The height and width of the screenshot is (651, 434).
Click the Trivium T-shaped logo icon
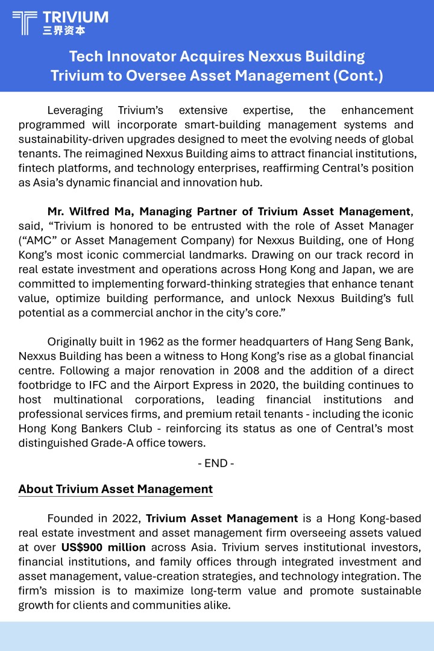click(x=24, y=22)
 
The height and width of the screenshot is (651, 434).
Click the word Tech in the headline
click(x=85, y=57)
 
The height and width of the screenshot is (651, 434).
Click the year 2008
click(x=247, y=371)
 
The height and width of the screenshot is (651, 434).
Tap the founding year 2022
click(x=127, y=518)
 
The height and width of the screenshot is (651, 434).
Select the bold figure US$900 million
click(x=103, y=547)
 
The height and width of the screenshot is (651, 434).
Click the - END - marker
click(x=216, y=464)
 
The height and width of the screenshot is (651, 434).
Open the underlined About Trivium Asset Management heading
click(x=115, y=489)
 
